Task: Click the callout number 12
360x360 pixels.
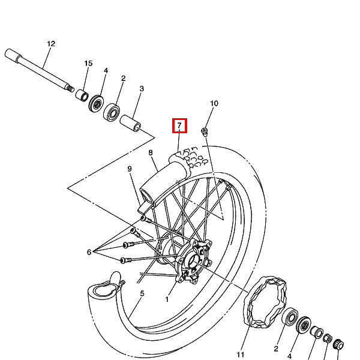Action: point(51,44)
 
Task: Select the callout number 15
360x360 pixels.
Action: point(88,63)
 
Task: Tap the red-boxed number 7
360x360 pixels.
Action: point(179,125)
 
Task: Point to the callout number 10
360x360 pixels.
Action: point(214,103)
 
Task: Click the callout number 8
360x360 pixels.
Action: point(151,152)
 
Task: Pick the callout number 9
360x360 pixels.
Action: point(130,169)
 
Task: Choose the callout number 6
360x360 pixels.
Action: point(89,252)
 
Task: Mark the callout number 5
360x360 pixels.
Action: point(142,293)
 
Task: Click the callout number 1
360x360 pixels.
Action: point(167,299)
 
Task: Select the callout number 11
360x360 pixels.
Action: point(241,355)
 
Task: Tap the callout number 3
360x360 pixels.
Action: point(142,89)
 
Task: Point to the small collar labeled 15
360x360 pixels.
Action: point(82,95)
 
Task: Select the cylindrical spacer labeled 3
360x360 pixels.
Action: point(131,123)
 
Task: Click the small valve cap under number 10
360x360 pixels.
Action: point(205,132)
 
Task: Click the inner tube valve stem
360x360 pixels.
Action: point(122,284)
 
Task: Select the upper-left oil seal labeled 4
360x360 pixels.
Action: point(96,104)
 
